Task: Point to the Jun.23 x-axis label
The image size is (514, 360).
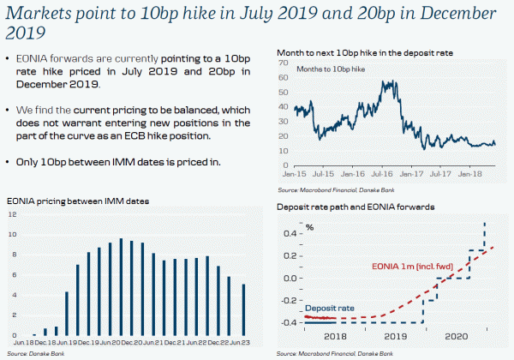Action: click(244, 342)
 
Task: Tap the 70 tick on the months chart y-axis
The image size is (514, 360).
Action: click(282, 63)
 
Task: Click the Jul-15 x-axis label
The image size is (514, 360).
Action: click(322, 175)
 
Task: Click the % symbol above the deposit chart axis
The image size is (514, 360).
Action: click(310, 227)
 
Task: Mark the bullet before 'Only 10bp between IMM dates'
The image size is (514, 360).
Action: click(9, 162)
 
